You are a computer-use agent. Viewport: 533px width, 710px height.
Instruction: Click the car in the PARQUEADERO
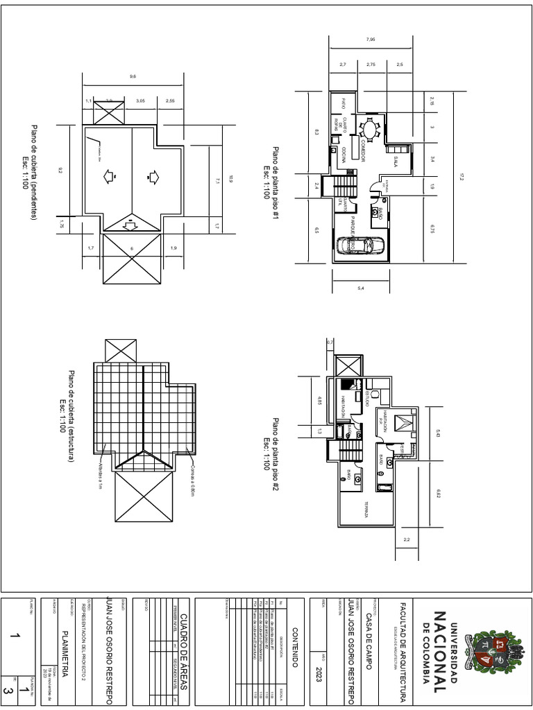pos(359,245)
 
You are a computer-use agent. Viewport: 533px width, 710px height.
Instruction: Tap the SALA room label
pos(394,162)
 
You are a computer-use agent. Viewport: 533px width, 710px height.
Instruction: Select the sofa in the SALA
pos(398,149)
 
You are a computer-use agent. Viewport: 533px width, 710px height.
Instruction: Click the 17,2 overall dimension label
pos(460,177)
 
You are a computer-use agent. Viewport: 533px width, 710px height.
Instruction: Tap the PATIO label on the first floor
pos(343,104)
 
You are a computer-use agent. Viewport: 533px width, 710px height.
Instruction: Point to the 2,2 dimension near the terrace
pos(406,539)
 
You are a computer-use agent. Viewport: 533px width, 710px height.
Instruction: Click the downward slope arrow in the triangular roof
pos(130,223)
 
